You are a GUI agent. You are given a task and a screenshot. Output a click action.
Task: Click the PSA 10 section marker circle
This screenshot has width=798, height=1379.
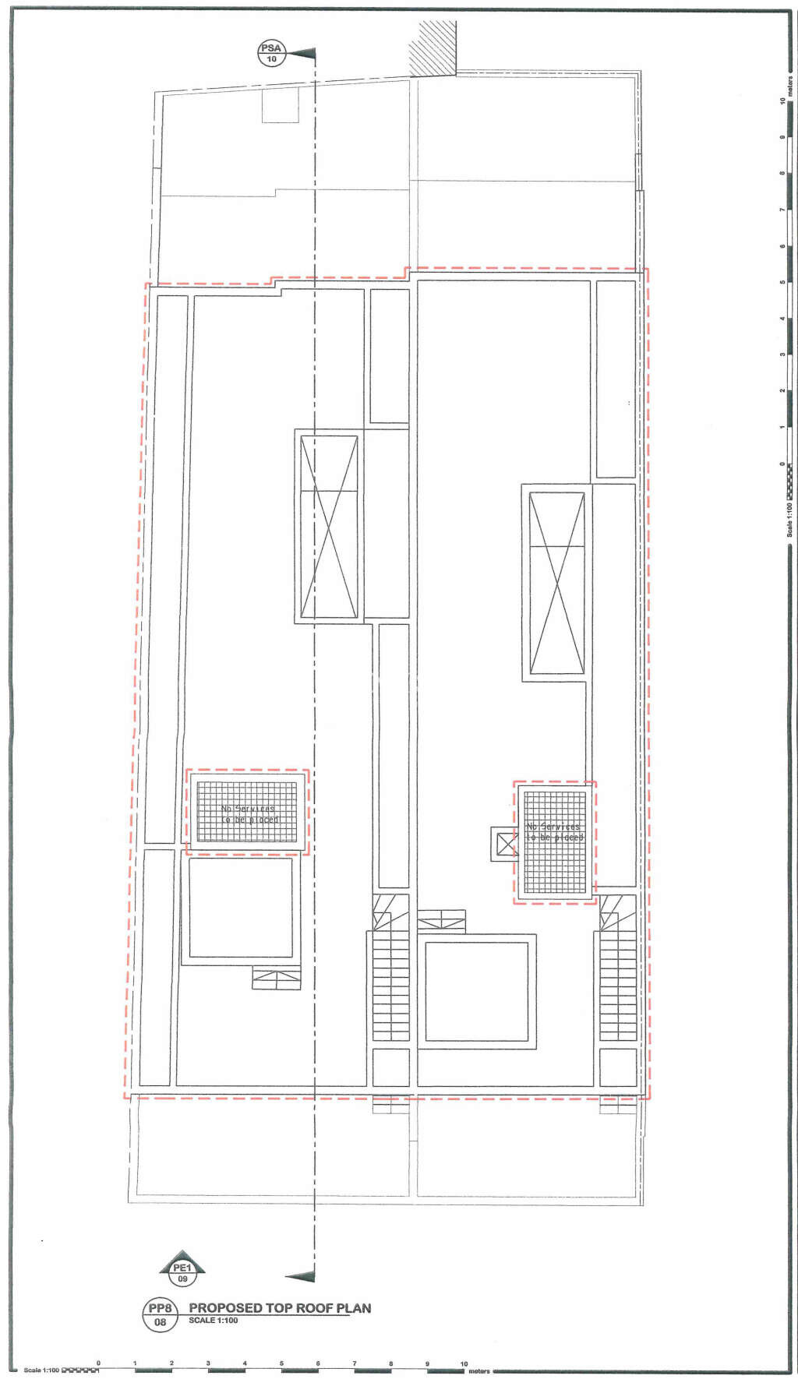pos(272,54)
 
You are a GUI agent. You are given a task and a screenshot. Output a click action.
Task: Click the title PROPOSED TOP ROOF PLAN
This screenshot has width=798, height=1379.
pos(280,1308)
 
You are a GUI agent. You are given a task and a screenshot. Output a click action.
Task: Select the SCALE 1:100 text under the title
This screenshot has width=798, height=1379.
pos(213,1321)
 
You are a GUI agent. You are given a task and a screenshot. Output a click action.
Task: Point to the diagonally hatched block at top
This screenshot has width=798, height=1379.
pos(435,48)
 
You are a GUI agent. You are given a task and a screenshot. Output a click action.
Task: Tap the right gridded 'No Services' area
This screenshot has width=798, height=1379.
pos(554,842)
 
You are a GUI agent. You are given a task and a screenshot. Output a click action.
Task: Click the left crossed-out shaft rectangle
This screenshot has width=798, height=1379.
pos(329,527)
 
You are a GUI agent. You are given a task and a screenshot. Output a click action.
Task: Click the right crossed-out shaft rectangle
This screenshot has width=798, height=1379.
pos(556,583)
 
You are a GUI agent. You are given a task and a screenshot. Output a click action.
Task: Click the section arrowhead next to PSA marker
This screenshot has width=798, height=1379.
pos(303,54)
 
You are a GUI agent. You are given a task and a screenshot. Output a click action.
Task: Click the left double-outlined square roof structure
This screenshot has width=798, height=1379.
pos(241,908)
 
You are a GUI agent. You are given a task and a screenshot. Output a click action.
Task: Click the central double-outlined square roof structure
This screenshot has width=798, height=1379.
pos(476,992)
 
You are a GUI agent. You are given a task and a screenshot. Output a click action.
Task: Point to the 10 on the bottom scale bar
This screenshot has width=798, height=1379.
pos(464,1363)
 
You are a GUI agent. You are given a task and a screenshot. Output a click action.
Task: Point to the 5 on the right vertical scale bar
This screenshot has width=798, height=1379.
pos(782,282)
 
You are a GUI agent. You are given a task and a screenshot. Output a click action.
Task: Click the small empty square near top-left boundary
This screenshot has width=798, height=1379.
pos(281,104)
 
